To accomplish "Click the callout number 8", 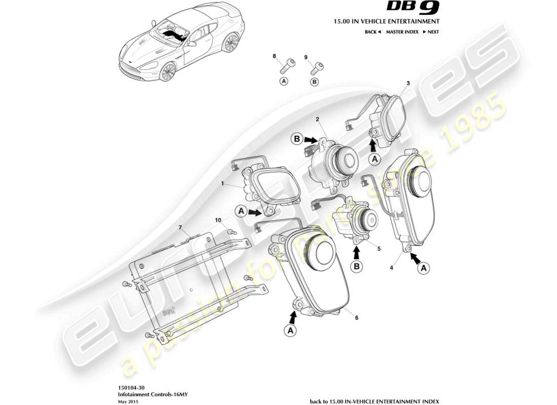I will pyautogui.click(x=274, y=56).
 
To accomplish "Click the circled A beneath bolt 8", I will pyautogui.click(x=284, y=81).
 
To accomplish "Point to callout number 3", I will pyautogui.click(x=408, y=83).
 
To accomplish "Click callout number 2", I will pyautogui.click(x=317, y=119).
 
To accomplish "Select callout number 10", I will pyautogui.click(x=218, y=220).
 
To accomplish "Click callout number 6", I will pyautogui.click(x=356, y=317).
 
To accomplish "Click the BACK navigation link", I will pyautogui.click(x=372, y=32).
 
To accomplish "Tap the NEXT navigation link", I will pyautogui.click(x=431, y=32).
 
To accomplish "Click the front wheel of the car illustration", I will pyautogui.click(x=167, y=73).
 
